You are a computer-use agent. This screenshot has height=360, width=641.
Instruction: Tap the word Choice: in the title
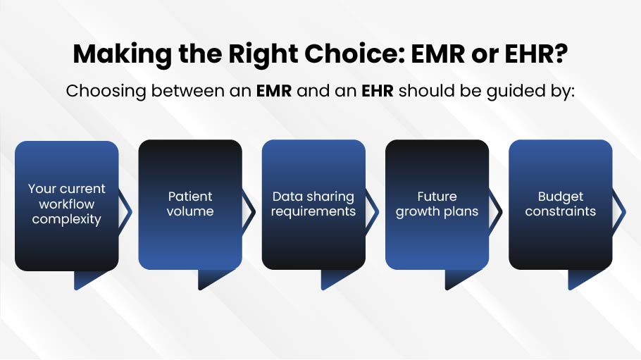coord(355,54)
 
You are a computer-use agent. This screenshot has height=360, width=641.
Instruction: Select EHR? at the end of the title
coord(536,54)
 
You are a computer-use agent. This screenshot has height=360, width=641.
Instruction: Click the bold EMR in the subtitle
coord(274,91)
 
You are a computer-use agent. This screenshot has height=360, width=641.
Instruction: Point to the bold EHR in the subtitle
coord(378,91)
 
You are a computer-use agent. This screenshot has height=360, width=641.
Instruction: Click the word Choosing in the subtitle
coord(106,91)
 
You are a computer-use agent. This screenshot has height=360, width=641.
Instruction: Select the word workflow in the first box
coord(67,204)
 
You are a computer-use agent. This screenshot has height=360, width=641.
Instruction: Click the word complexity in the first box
coord(67,219)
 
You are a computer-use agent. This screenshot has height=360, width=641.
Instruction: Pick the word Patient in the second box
coord(190,197)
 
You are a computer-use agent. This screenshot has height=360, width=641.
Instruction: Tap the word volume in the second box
coord(190,211)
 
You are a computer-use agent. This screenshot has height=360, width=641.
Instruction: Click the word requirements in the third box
coord(313,211)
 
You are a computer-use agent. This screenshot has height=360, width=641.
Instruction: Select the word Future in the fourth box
coord(437,197)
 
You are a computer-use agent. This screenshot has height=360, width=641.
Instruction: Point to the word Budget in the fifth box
coord(561,197)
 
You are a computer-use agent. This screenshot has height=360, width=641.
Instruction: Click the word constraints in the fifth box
coord(561,211)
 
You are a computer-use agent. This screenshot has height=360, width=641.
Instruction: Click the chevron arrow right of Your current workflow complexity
coord(127,212)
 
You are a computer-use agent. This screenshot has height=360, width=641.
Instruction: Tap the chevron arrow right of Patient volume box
coord(250,212)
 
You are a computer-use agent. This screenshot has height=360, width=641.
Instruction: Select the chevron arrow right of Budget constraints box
coord(621,212)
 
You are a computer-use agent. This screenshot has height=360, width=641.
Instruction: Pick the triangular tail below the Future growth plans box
coord(456,279)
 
